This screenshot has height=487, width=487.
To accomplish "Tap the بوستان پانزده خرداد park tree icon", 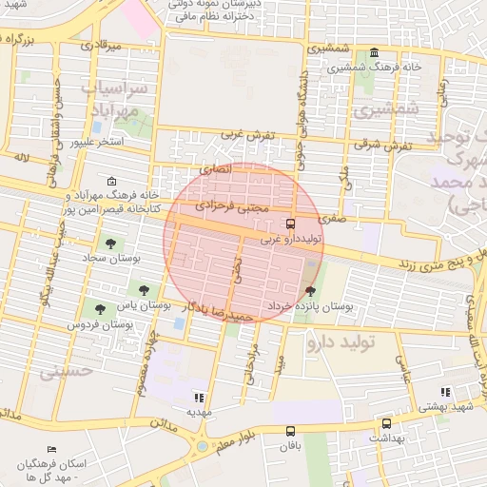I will [x=310, y=291].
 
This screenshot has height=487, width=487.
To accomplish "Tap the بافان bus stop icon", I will [x=289, y=429].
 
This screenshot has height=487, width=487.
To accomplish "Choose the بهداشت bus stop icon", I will [x=386, y=424].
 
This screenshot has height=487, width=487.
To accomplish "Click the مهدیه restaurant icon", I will [x=199, y=398].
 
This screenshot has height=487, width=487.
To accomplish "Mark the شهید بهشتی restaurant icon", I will [x=443, y=391].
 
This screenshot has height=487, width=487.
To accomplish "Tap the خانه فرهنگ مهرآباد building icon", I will [x=112, y=182].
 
